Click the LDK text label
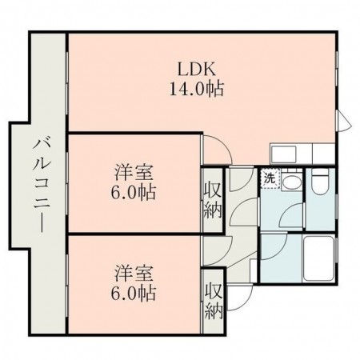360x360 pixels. point(196,70)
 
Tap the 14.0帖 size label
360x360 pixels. point(197,89)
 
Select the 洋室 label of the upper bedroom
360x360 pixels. point(134,173)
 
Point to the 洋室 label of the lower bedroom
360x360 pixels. point(134,274)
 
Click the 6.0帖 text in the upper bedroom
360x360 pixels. point(134,192)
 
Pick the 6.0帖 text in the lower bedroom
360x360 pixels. point(134,293)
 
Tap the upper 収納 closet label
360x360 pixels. point(213,201)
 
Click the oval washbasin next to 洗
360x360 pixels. point(292,183)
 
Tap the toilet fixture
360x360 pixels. point(320,181)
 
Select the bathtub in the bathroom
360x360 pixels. point(319,258)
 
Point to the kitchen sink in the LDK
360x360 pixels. point(284,154)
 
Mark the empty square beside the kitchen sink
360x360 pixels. point(323,154)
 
